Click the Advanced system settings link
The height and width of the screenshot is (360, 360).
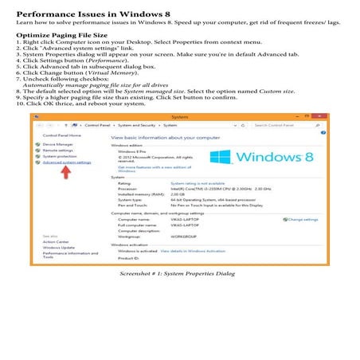[x=68, y=162]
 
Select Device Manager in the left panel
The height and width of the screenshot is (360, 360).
[x=60, y=144]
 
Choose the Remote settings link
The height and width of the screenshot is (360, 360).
[x=61, y=151]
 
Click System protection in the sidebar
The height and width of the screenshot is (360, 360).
[x=63, y=156]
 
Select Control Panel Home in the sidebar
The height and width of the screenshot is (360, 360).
[x=62, y=136]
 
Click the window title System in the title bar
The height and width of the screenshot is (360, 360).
[x=178, y=116]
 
